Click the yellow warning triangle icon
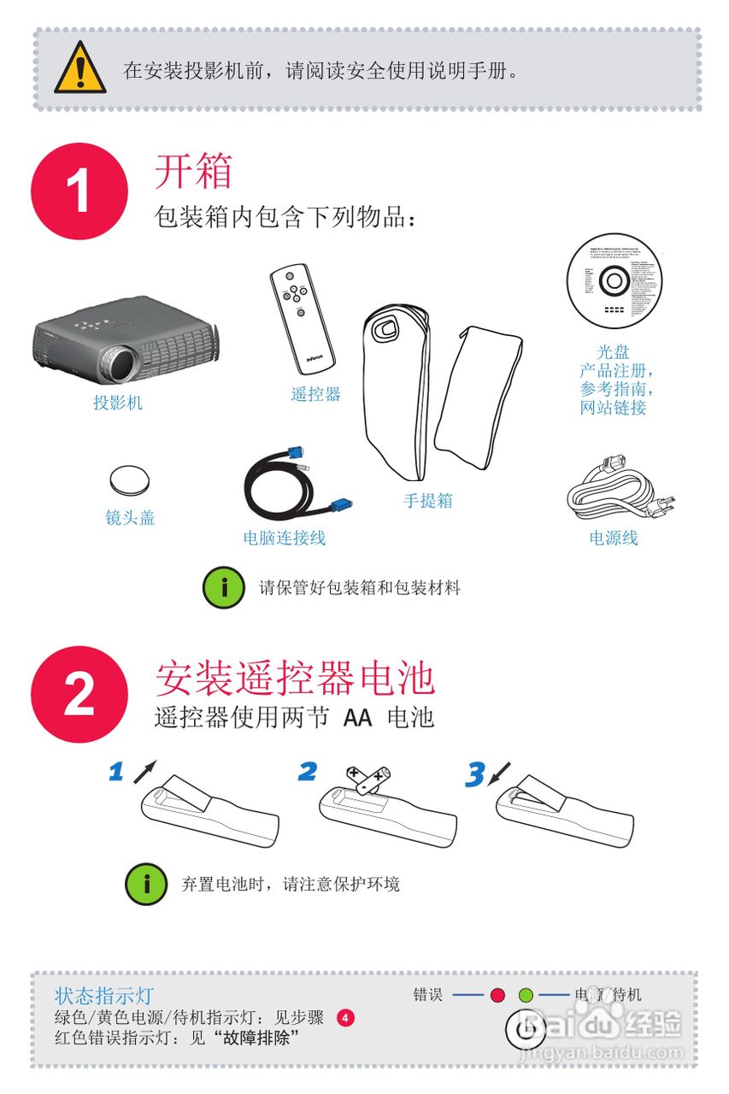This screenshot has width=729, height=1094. [80, 69]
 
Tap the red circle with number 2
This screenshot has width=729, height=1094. [79, 694]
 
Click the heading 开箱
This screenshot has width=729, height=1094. [193, 172]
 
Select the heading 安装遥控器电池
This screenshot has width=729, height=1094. [295, 679]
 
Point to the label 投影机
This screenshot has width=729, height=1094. [118, 403]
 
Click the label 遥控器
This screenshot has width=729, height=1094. [315, 394]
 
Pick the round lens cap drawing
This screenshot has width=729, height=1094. [130, 480]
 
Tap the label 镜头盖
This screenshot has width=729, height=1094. [130, 517]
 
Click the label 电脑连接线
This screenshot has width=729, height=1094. [284, 538]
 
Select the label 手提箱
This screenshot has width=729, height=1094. [428, 501]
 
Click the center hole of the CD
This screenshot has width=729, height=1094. [614, 279]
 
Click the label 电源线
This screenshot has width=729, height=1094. [614, 538]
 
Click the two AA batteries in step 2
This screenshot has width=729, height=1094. [368, 778]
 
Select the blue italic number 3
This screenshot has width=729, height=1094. [474, 773]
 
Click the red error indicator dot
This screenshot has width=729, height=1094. [498, 995]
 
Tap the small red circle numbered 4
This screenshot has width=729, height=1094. [344, 1018]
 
